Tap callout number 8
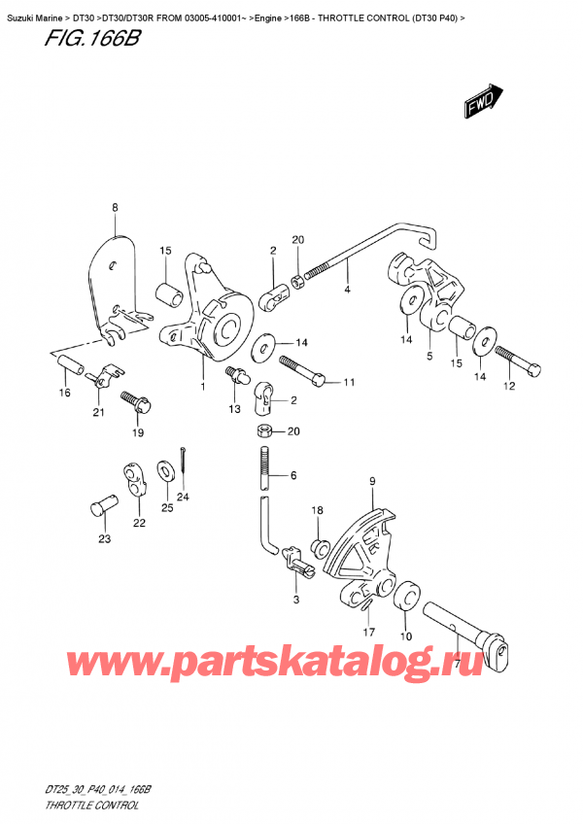tap(115, 207)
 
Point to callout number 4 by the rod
tap(347, 290)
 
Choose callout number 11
tap(350, 382)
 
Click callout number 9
tap(371, 481)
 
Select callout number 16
tap(64, 394)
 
